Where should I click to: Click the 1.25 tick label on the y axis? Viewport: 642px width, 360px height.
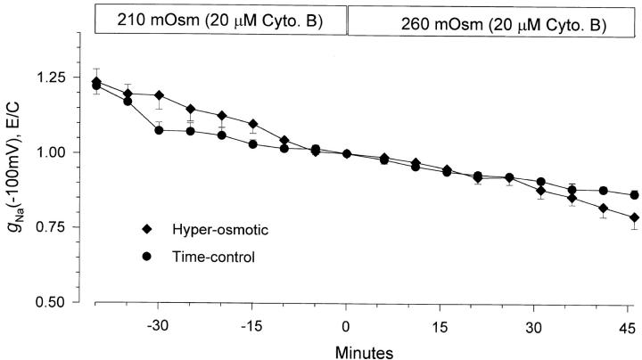click(67, 78)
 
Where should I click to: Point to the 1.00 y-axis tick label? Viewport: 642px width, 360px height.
click(67, 152)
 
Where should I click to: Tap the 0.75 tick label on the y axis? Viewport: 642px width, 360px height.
click(67, 227)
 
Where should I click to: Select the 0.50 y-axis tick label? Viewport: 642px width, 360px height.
click(67, 302)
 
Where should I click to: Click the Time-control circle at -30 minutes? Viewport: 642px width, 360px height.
click(158, 130)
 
